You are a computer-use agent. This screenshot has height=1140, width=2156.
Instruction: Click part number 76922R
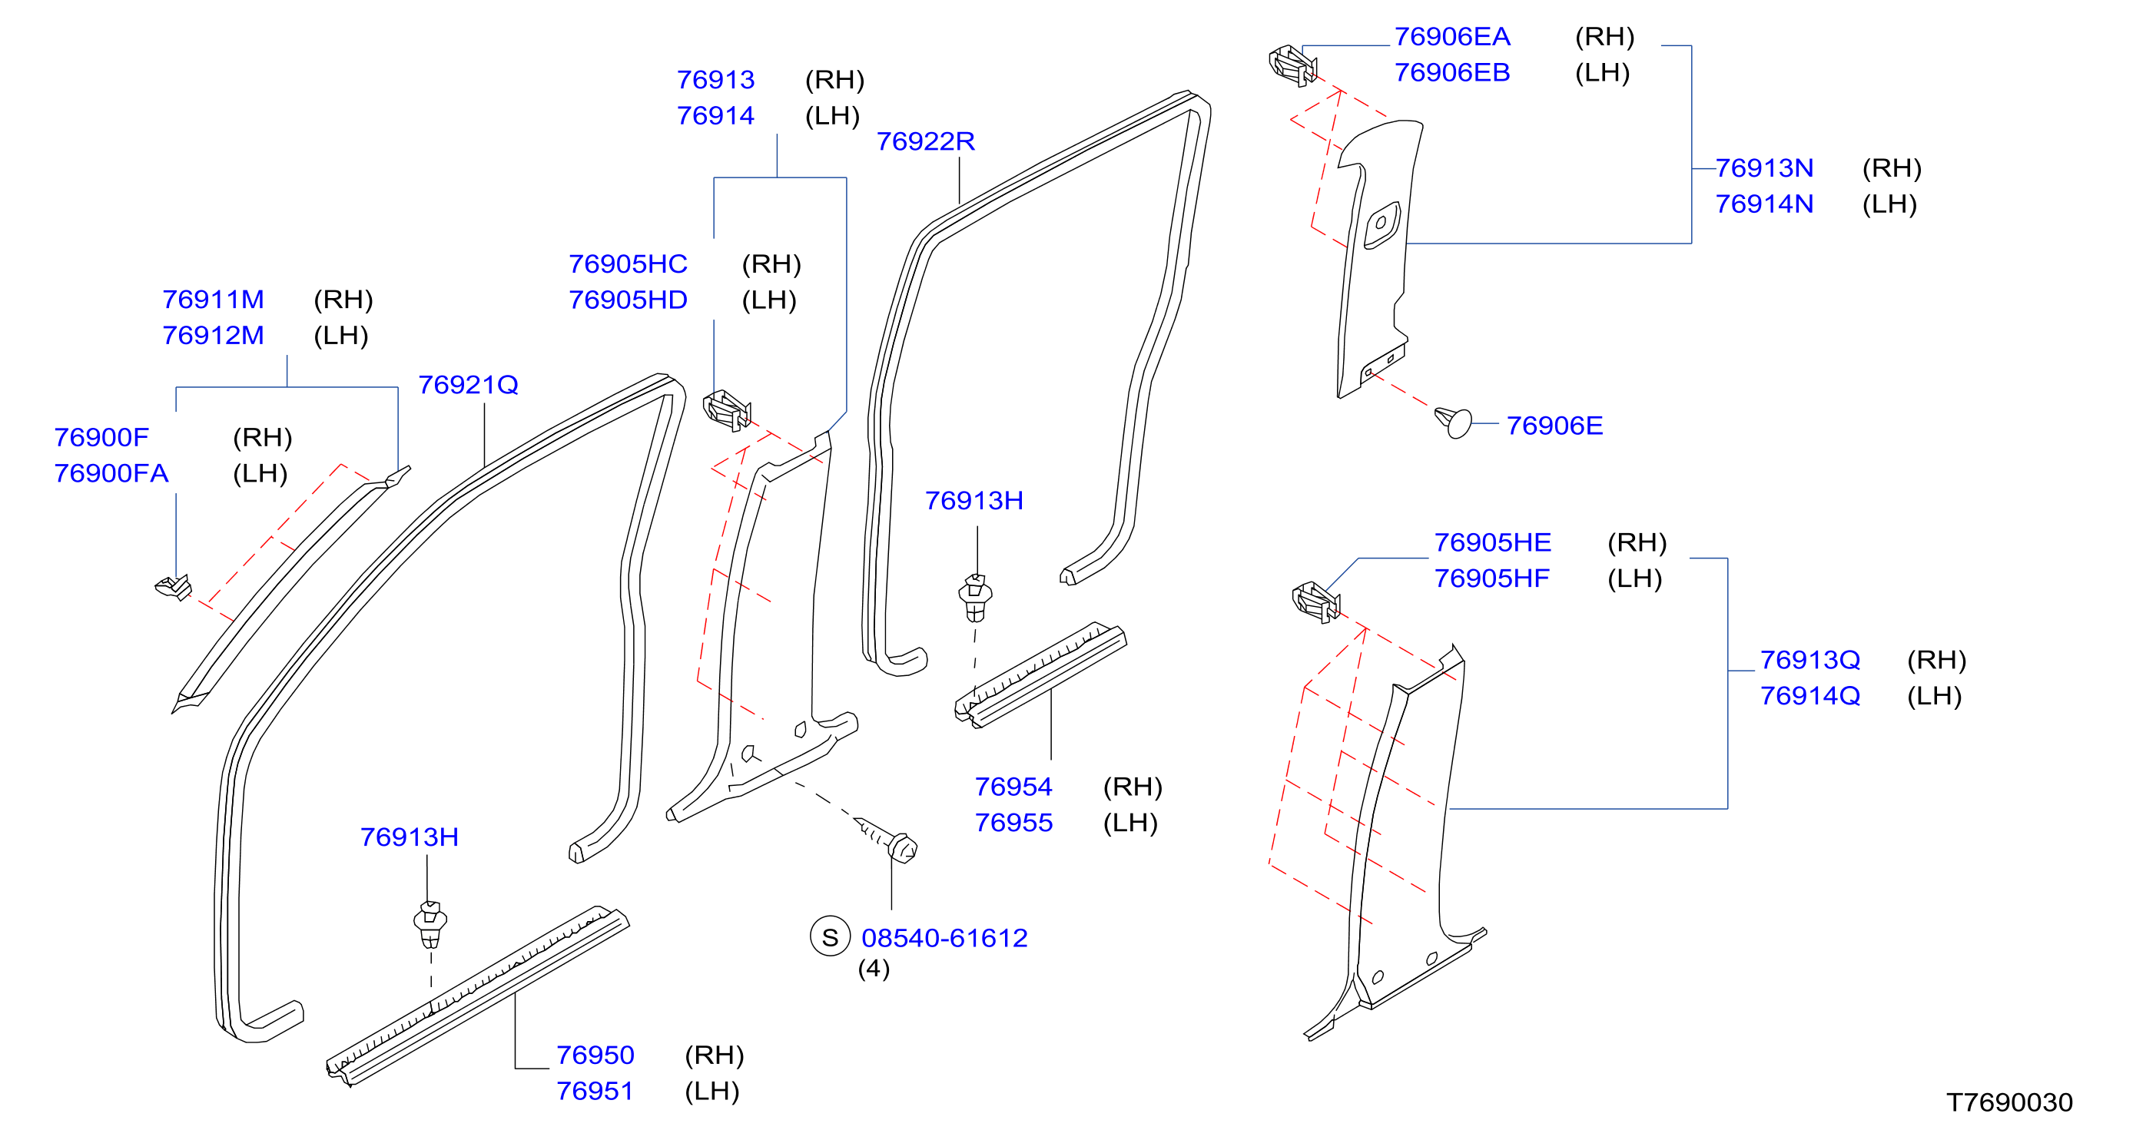coord(926,141)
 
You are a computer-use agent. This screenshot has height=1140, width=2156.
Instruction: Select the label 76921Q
coord(468,385)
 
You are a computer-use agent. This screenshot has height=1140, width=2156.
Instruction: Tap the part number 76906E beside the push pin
coord(1554,426)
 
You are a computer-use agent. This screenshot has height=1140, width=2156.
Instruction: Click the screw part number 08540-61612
coord(944,938)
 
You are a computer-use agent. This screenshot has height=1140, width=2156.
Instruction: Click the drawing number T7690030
coord(2009,1102)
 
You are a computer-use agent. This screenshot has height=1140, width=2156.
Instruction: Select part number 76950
coord(595,1055)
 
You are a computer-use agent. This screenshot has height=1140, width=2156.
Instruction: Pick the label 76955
coord(1013,823)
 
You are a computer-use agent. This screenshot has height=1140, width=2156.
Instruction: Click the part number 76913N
coord(1764,168)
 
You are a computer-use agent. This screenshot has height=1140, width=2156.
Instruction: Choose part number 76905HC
coord(628,264)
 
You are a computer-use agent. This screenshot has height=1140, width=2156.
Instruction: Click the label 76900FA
coord(111,474)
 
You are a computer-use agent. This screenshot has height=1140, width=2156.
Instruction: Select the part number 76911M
coord(213,300)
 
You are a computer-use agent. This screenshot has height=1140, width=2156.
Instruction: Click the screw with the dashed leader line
coord(888,840)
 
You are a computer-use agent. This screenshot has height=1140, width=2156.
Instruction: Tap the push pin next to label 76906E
coord(1453,422)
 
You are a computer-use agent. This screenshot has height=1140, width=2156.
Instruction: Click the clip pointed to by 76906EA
coord(1293,65)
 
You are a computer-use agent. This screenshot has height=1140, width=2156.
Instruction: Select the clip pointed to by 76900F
coord(174,588)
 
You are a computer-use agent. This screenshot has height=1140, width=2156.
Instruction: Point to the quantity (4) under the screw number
coord(874,969)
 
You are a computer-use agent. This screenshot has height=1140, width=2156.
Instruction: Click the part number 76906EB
coord(1452,73)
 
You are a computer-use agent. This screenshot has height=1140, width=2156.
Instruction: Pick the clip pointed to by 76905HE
coord(1316,602)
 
